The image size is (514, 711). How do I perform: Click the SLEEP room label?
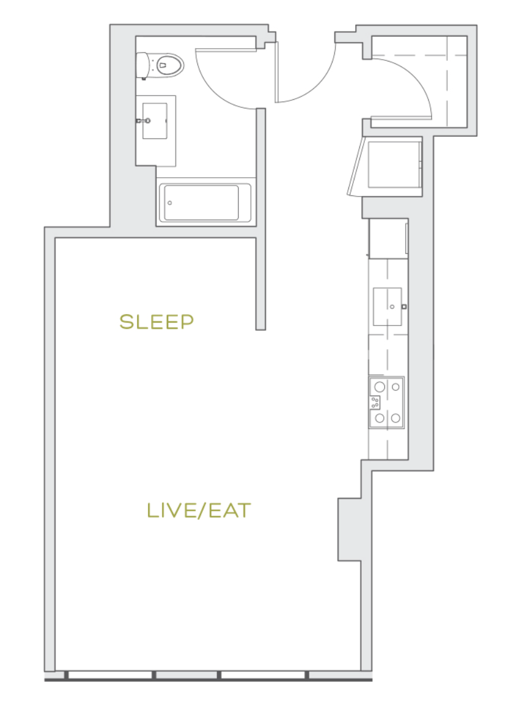[x=157, y=322]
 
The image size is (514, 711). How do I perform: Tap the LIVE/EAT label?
[x=199, y=511]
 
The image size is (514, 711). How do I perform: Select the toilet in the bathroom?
[x=160, y=65]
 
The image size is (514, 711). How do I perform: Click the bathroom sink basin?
[x=155, y=121]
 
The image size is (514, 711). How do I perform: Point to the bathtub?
[x=203, y=203]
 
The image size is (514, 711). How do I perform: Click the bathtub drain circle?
[x=170, y=203]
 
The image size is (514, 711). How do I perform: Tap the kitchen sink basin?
[x=387, y=307]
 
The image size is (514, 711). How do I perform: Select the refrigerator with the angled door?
[x=385, y=166]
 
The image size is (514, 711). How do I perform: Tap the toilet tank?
[x=142, y=66]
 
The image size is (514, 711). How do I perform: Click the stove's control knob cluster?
[x=375, y=402]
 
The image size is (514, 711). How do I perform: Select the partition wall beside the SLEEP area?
[x=261, y=219]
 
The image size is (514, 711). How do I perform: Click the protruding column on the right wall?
[x=350, y=530]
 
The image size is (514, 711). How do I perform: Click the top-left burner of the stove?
[x=380, y=387]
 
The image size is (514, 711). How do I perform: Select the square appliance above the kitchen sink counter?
[x=389, y=239]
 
